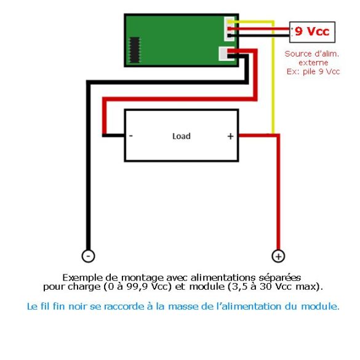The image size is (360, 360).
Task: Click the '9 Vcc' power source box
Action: pyautogui.click(x=312, y=32)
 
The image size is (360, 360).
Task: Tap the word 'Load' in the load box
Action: pyautogui.click(x=182, y=136)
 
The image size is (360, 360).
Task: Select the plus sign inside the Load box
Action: pyautogui.click(x=230, y=137)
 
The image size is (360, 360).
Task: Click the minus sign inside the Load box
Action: pyautogui.click(x=131, y=136)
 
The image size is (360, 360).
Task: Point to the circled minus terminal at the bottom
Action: pyautogui.click(x=88, y=256)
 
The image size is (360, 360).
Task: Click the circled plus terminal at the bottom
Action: pyautogui.click(x=278, y=256)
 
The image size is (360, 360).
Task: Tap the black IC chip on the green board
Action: pyautogui.click(x=135, y=50)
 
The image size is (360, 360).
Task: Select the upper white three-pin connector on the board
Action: pyautogui.click(x=229, y=29)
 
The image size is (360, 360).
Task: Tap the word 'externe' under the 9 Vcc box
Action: pyautogui.click(x=313, y=63)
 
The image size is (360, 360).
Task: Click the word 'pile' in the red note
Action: pyautogui.click(x=310, y=72)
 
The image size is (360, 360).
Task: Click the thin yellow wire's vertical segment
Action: pyautogui.click(x=273, y=78)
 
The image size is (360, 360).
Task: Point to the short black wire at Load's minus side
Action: pyautogui.click(x=113, y=135)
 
